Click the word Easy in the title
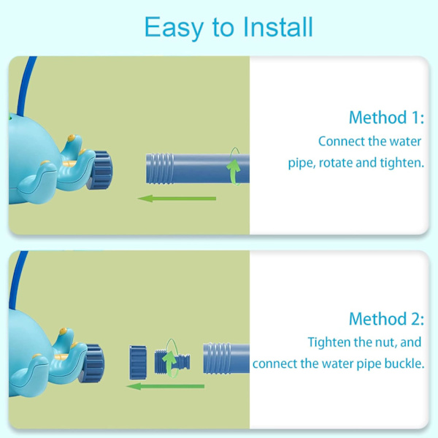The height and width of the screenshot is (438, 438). [174, 28]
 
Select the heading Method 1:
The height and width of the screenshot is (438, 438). [386, 118]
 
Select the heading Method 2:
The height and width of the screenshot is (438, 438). [386, 319]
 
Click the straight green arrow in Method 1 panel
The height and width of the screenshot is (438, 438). [177, 199]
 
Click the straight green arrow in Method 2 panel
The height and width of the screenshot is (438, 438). [166, 387]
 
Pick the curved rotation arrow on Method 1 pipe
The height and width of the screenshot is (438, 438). [234, 167]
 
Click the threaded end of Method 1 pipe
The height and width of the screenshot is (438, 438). [160, 168]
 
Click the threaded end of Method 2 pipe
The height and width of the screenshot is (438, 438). [217, 358]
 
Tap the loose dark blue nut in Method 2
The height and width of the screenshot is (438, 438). [138, 362]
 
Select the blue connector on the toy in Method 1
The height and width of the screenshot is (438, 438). [101, 170]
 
